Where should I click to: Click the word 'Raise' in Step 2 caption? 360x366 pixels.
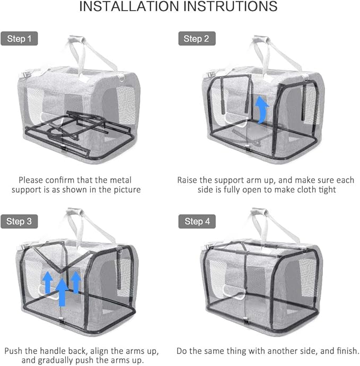point(188,180)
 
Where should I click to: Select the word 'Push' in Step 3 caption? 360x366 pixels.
point(15,351)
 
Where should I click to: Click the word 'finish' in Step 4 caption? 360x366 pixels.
point(344,351)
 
